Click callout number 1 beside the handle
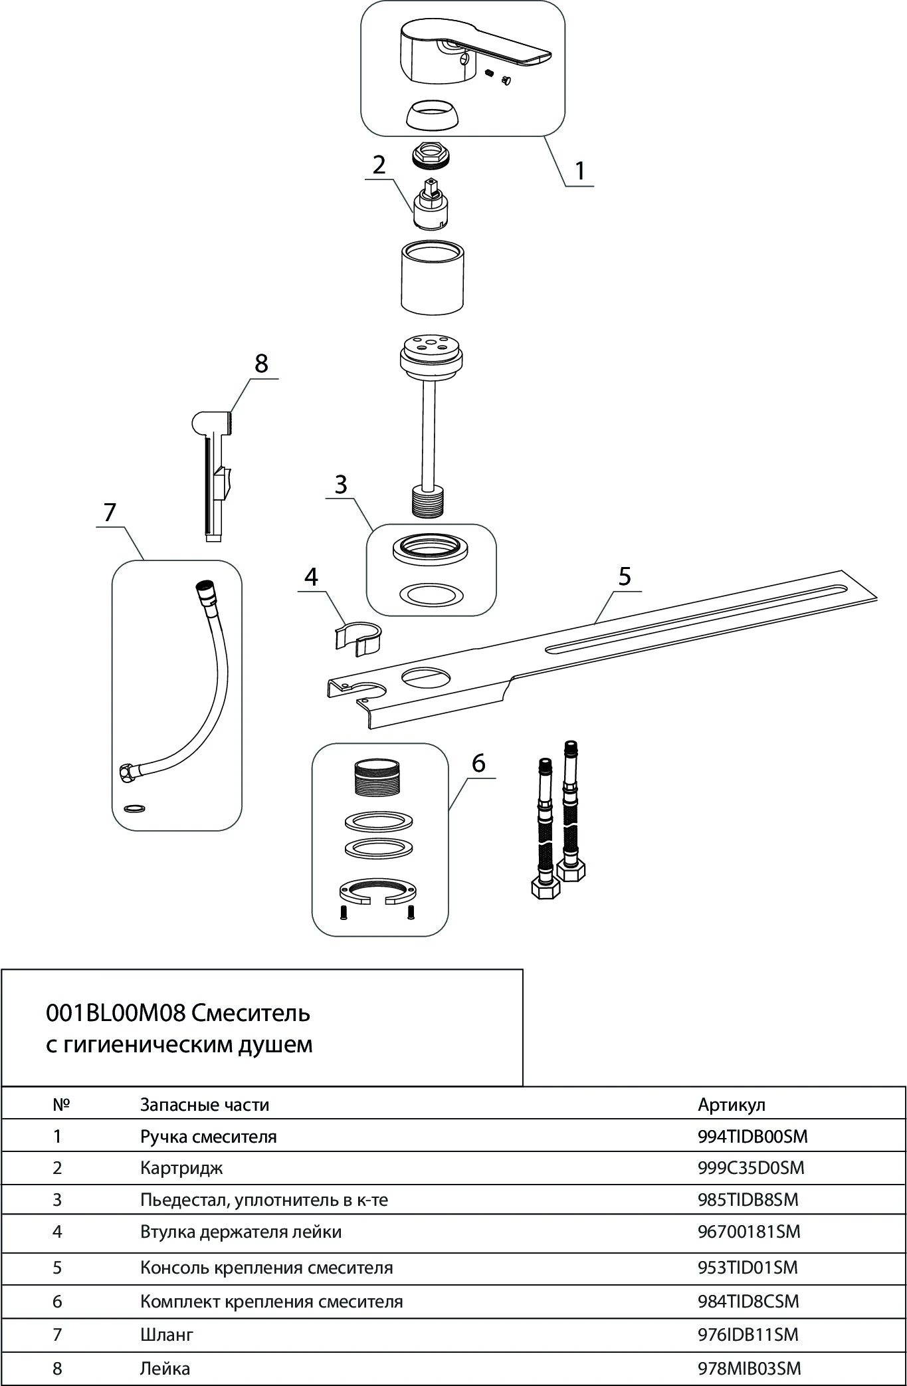click(579, 171)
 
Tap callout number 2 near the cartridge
click(379, 165)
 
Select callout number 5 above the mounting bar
click(625, 576)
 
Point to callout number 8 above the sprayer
click(261, 364)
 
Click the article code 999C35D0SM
click(751, 1167)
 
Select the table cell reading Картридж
click(181, 1167)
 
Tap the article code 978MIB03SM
click(749, 1368)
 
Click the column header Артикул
click(732, 1104)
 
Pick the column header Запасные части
click(205, 1104)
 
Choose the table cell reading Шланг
click(167, 1334)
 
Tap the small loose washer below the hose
click(135, 808)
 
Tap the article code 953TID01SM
click(748, 1267)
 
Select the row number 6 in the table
click(57, 1301)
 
